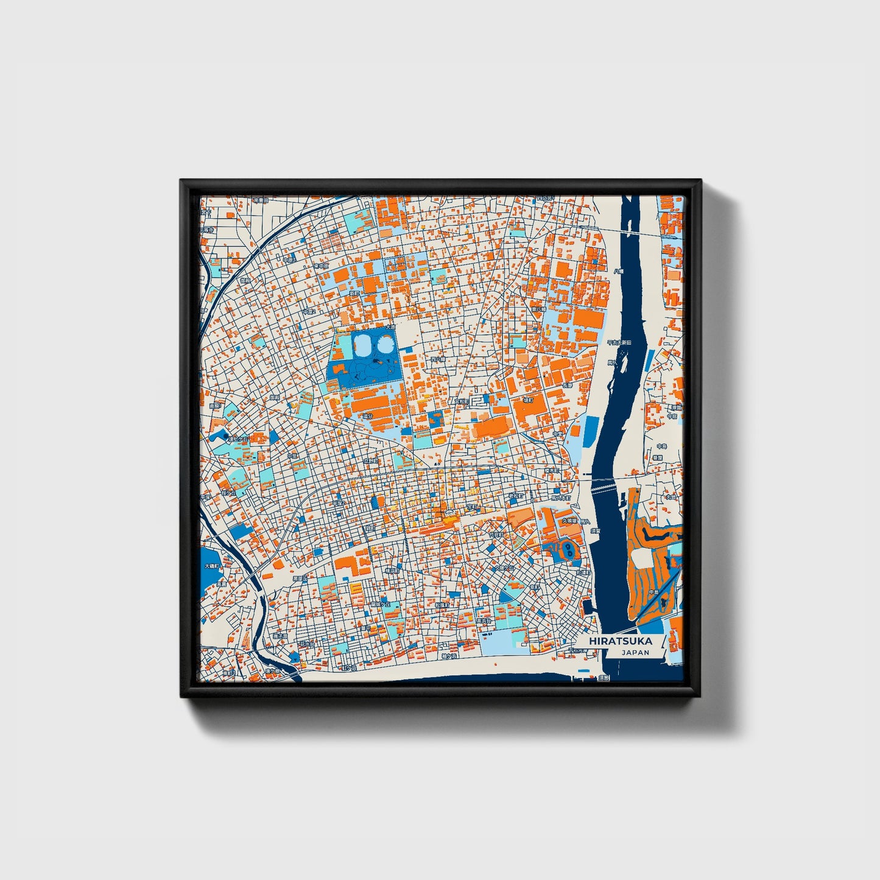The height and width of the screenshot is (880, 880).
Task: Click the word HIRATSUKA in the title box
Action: pos(621,641)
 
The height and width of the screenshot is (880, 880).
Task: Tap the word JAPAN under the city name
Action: pos(635,653)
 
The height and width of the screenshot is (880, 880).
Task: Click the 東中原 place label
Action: pos(321,266)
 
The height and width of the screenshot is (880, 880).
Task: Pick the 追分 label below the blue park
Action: pos(367,416)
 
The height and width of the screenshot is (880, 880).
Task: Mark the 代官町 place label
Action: pos(496,534)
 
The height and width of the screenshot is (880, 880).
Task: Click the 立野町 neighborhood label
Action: pos(370,462)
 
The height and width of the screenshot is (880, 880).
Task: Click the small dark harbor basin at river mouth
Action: pos(587,607)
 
